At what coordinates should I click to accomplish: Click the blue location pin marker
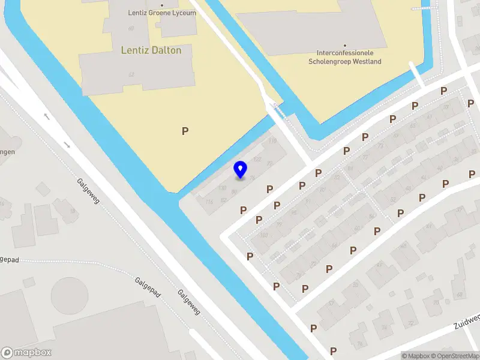tap(240, 169)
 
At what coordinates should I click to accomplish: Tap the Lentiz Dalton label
tap(151, 50)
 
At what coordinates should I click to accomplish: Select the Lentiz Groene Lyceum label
tap(162, 13)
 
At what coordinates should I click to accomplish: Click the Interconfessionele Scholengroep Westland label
tap(344, 58)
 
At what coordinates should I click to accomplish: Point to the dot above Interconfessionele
tap(345, 45)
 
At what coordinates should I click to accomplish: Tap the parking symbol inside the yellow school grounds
tap(185, 131)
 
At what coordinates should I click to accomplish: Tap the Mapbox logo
tap(26, 353)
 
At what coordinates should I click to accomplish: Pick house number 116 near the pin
tap(209, 202)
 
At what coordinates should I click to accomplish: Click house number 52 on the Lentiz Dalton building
tap(131, 74)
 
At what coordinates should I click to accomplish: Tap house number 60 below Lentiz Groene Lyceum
tap(130, 28)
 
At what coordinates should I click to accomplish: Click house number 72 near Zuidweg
tap(411, 323)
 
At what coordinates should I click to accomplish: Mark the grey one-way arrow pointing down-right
tap(67, 145)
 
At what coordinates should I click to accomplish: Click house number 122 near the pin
tap(257, 160)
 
